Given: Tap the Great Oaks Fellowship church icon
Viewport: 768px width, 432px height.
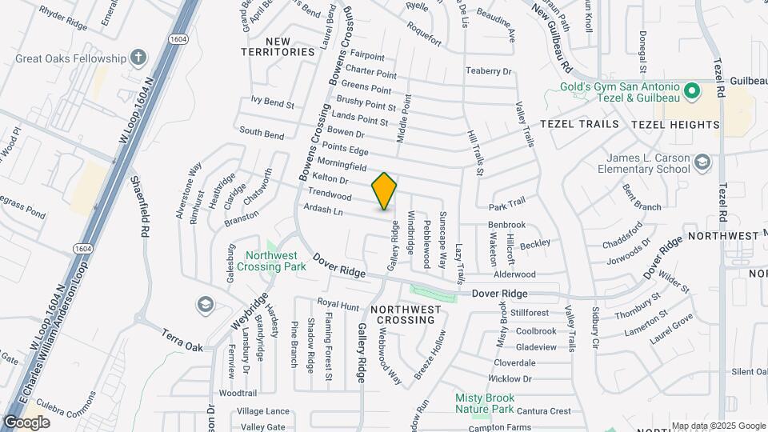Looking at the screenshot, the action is click(x=138, y=58).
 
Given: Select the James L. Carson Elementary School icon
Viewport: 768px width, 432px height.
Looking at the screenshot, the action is click(x=702, y=163).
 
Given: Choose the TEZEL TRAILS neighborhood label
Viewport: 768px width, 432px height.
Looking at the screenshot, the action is click(x=579, y=124).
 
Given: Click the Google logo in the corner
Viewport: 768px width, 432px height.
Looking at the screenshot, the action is click(x=26, y=422).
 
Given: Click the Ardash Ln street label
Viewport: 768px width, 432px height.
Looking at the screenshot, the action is click(x=323, y=210).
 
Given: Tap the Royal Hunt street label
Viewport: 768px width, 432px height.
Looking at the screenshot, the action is click(x=338, y=305).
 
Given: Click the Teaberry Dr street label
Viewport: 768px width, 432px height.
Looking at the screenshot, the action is click(x=488, y=71).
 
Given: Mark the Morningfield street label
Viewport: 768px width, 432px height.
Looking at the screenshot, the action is click(x=340, y=166).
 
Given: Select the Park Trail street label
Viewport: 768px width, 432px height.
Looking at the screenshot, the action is click(x=507, y=208).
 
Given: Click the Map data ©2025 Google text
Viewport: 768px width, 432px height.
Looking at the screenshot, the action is click(x=718, y=426).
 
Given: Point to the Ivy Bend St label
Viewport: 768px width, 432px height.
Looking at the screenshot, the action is click(x=273, y=103).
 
